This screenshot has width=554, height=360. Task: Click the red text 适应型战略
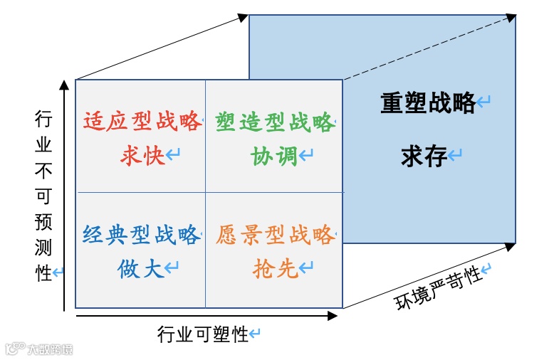point(142,122)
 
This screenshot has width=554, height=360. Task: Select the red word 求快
point(142,155)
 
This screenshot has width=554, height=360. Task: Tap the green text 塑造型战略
point(273,122)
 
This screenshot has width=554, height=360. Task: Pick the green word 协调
point(273,155)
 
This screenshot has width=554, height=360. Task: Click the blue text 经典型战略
point(140,235)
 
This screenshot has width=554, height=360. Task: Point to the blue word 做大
point(141,268)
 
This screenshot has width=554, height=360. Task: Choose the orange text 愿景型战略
point(274,235)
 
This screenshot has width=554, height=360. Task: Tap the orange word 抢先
point(274,268)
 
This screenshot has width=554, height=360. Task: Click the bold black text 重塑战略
point(428,104)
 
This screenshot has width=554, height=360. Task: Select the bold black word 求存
point(424,156)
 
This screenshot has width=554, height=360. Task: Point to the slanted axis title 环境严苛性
point(439,288)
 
